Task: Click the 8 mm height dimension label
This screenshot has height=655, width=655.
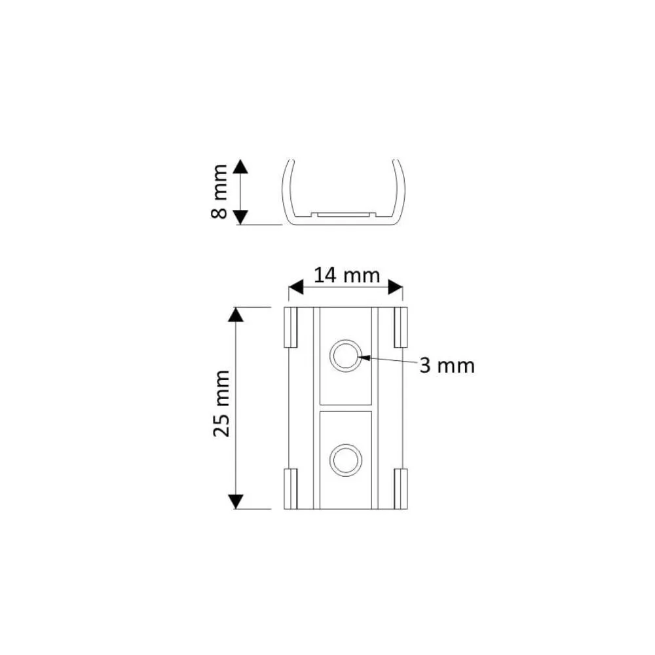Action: (x=219, y=191)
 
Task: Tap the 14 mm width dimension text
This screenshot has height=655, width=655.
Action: (x=346, y=276)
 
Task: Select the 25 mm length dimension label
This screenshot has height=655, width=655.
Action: (x=221, y=403)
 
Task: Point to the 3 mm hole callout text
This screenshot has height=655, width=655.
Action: (x=447, y=366)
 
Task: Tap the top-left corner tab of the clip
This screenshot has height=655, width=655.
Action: (x=290, y=327)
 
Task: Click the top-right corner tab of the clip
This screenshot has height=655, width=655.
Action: (x=401, y=327)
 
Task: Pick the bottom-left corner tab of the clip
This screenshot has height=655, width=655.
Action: (x=290, y=489)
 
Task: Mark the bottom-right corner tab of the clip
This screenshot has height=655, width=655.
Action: (x=401, y=489)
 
